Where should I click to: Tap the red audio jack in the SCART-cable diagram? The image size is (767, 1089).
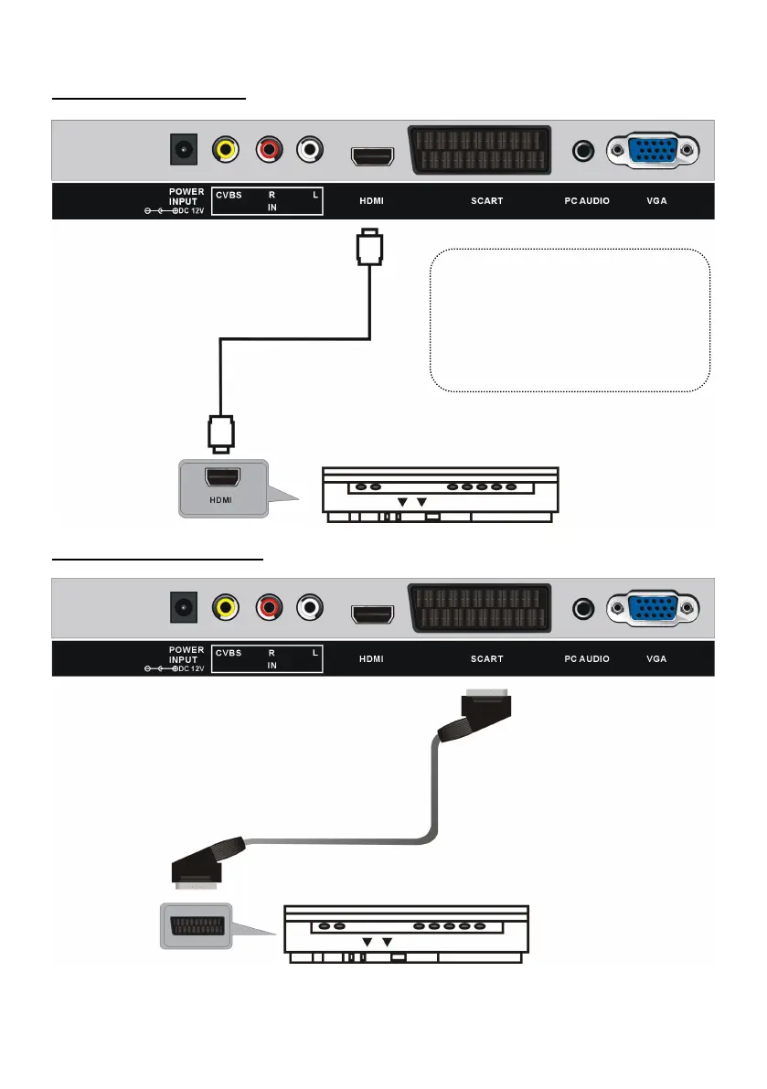tap(270, 607)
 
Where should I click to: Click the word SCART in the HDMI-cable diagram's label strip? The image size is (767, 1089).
tap(486, 200)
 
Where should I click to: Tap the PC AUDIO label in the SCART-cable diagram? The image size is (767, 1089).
tap(585, 657)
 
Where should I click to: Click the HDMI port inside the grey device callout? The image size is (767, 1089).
tap(221, 477)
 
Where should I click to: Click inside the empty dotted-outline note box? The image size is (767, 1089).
tap(570, 320)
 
